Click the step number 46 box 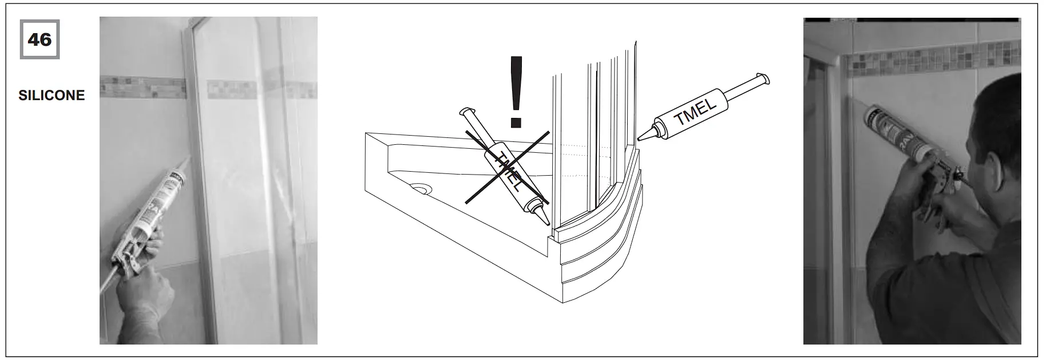pos(39,39)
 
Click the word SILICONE pos(51,96)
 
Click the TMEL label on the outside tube pos(695,113)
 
